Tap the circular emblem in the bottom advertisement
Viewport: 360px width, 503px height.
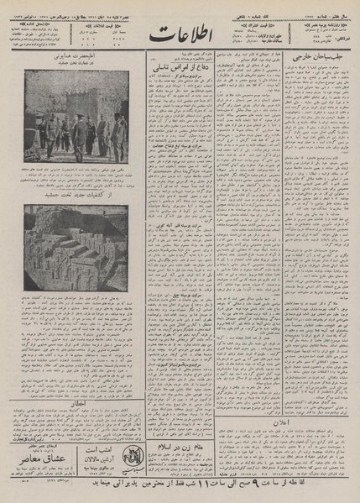tap(136, 461)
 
